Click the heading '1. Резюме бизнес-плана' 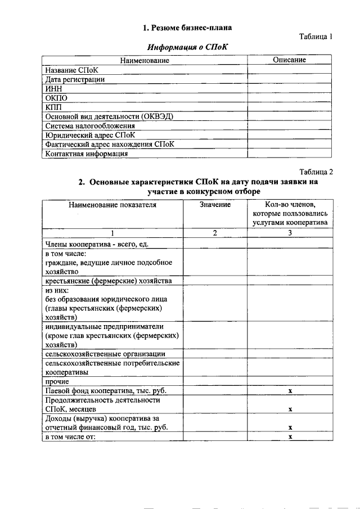click(x=187, y=27)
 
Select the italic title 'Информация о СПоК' click(x=187, y=47)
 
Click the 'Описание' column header click(x=289, y=60)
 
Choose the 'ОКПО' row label click(x=56, y=98)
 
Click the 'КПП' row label click(x=54, y=107)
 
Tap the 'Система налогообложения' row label click(x=90, y=125)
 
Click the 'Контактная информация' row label click(x=87, y=153)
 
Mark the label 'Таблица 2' click(x=316, y=172)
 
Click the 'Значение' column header click(x=215, y=205)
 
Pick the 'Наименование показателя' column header click(x=112, y=205)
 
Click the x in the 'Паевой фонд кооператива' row click(x=290, y=390)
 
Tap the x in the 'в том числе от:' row click(x=290, y=436)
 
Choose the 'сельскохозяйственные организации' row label click(x=105, y=354)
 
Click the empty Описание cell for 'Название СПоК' click(x=289, y=70)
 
